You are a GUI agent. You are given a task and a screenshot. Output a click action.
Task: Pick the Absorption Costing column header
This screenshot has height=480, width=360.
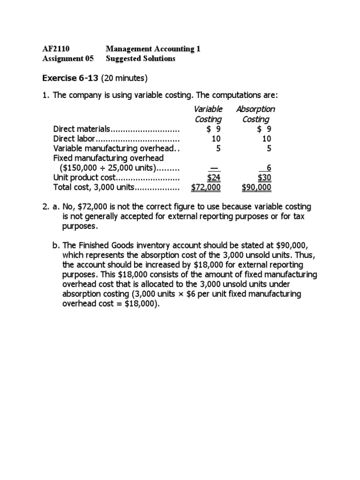point(255,114)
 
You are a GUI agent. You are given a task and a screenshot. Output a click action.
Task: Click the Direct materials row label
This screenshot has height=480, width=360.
point(82,129)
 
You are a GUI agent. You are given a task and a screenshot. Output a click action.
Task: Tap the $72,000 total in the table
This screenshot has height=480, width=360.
point(206,188)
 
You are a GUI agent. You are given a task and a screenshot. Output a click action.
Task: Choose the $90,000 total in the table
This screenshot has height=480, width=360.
point(256,188)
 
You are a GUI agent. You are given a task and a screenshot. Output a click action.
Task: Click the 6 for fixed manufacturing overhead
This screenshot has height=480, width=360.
point(269,168)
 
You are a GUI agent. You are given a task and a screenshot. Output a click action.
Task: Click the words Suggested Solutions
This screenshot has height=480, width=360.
point(141,59)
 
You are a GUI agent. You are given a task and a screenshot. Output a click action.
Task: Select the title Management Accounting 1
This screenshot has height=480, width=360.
point(153,49)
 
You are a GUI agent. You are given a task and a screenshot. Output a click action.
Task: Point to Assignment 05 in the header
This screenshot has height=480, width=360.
point(68,59)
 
